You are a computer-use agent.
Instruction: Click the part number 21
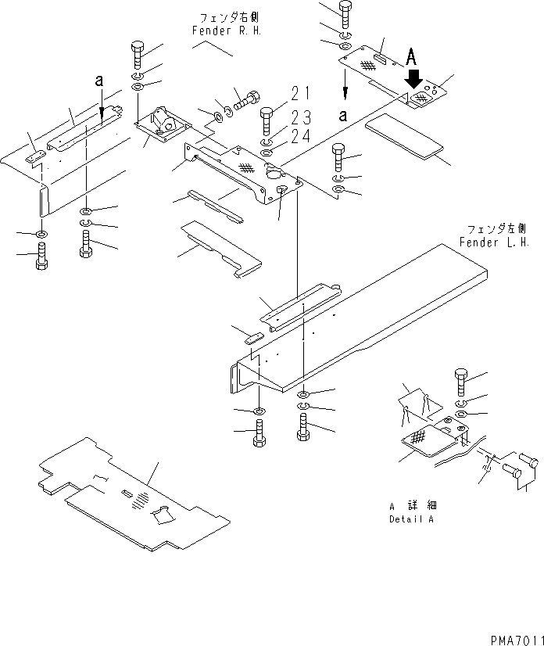(x=300, y=94)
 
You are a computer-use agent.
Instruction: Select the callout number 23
(x=301, y=118)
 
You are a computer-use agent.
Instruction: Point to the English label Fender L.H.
(x=494, y=242)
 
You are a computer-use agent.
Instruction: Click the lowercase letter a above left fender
(x=99, y=80)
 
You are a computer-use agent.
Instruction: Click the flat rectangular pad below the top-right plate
(x=406, y=135)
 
